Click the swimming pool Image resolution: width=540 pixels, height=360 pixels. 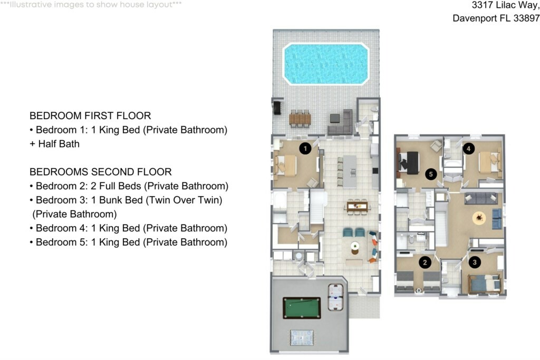325,64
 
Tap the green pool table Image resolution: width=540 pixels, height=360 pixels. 302,308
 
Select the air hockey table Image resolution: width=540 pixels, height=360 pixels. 335,297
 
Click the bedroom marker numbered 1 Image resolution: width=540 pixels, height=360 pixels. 305,148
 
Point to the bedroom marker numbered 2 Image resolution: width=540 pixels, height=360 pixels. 425,262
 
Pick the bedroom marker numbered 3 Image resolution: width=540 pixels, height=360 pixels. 475,262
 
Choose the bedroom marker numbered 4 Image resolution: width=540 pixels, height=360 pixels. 468,149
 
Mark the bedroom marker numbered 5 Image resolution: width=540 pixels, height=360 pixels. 431,174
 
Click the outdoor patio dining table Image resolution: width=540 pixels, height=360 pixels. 300,119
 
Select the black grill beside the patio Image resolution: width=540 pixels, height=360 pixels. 277,107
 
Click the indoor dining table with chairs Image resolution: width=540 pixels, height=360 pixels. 358,207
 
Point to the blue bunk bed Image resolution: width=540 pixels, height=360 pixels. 484,284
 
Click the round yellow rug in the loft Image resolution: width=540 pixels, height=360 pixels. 479,218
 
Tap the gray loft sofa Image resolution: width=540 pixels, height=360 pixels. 481,198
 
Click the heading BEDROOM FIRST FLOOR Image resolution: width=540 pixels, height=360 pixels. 90,115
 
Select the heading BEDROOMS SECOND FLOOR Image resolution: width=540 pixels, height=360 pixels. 101,172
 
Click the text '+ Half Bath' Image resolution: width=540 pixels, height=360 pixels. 55,144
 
